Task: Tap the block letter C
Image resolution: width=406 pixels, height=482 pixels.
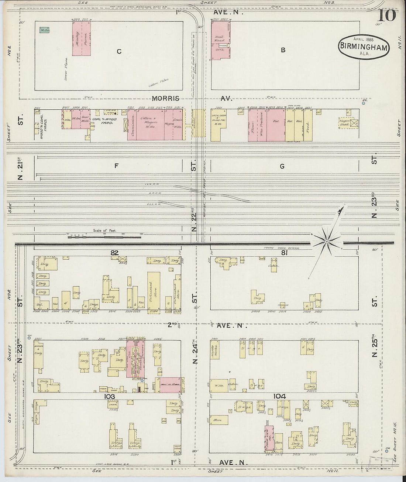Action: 119,51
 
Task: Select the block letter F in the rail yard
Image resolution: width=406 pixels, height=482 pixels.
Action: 116,166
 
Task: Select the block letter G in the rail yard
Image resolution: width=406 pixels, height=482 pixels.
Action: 282,167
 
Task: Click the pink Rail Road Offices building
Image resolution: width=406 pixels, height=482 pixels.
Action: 220,40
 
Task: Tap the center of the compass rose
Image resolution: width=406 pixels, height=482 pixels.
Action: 327,242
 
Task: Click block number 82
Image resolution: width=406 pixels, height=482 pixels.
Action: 114,253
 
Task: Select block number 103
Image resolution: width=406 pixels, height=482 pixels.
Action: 110,396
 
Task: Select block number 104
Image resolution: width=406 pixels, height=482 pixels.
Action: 279,396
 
